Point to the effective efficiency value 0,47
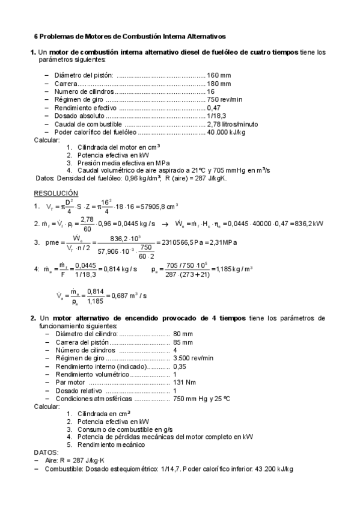coord(213,107)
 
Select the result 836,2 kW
coord(310,224)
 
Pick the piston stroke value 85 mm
coord(183,342)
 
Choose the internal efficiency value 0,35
coord(180,366)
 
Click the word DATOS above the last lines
coord(45,452)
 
